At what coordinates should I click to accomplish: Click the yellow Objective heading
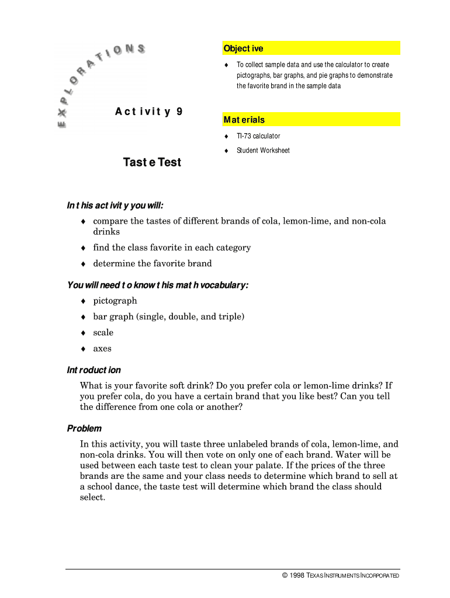243,48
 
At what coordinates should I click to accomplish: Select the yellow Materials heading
244,120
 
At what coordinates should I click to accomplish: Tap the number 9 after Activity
179,111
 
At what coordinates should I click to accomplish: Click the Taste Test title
152,162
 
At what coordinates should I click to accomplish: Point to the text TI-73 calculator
258,136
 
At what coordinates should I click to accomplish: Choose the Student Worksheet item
262,151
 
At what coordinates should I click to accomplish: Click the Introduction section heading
94,370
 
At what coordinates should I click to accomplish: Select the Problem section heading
84,429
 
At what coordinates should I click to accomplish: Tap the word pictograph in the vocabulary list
115,301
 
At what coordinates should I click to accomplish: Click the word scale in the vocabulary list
103,333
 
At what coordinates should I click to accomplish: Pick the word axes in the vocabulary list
102,349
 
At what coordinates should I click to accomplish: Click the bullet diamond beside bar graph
84,317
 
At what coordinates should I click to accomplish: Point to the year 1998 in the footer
297,576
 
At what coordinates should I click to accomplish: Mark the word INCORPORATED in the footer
380,576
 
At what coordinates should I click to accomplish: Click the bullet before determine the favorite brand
84,264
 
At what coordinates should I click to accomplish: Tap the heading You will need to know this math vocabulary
158,285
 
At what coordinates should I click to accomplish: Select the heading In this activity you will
115,206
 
